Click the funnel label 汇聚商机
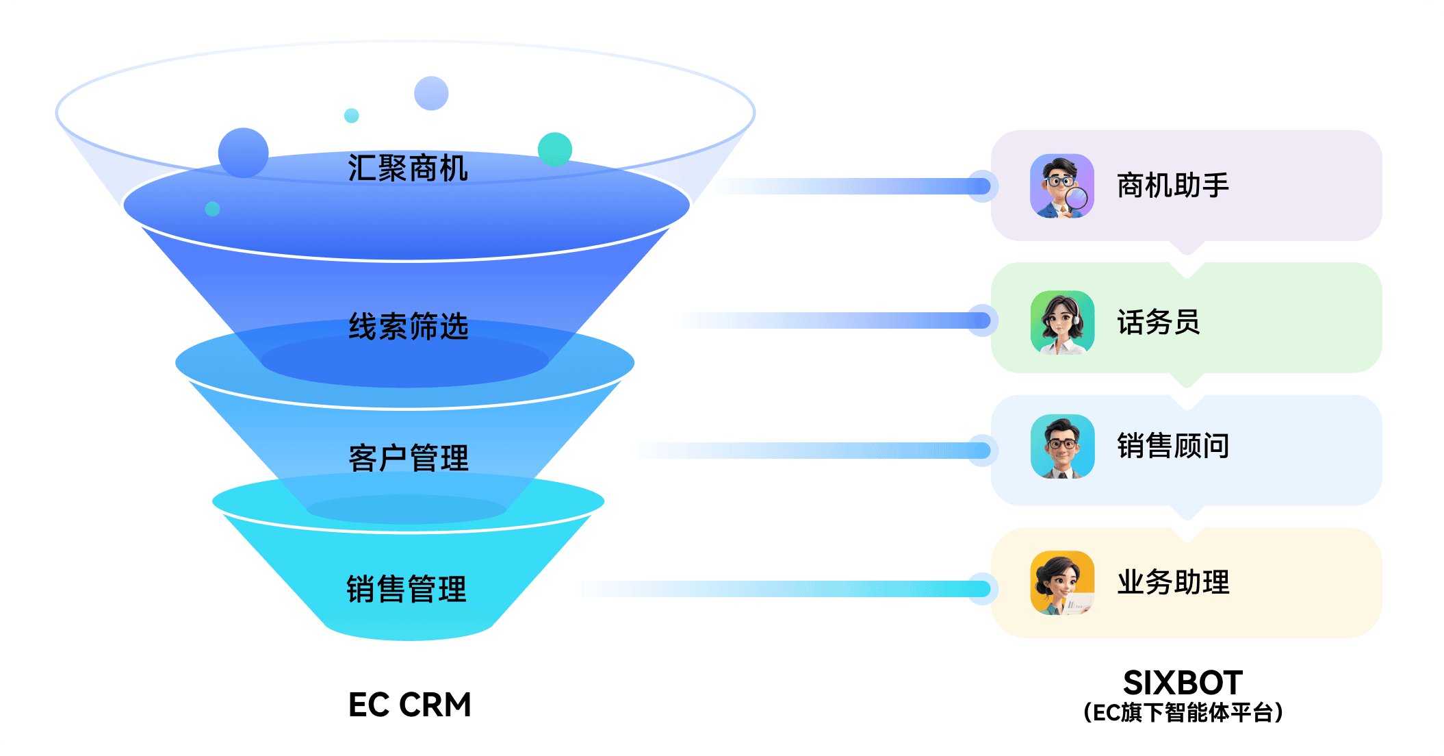[408, 168]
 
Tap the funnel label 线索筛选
[409, 327]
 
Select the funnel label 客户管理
[409, 458]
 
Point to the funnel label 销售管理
[407, 590]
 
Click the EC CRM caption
[410, 705]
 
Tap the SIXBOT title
[1183, 683]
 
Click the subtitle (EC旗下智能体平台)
[1183, 713]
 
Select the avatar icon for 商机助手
[1062, 186]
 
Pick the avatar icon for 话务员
[1062, 323]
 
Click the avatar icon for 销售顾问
[1062, 446]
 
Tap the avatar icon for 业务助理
[1062, 583]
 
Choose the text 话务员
[1159, 323]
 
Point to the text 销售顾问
[1173, 446]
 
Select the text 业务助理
[1173, 583]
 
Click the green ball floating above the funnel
[555, 149]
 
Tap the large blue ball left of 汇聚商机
[244, 153]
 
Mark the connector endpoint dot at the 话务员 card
[981, 320]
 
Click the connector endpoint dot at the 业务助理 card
[981, 589]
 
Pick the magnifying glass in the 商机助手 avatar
[1076, 199]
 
